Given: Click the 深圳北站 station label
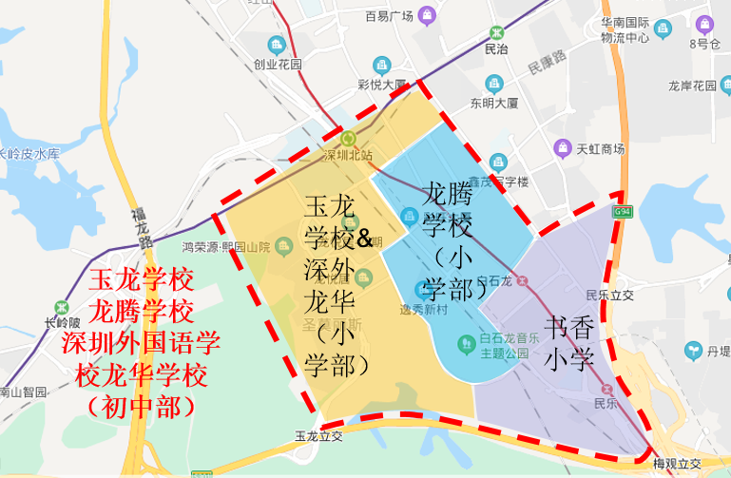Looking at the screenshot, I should click(347, 156).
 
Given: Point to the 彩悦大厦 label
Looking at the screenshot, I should click(382, 84).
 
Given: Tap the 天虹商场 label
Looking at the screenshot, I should click(600, 148).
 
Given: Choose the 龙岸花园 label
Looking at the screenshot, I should click(692, 86).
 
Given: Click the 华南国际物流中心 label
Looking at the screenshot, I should click(625, 30).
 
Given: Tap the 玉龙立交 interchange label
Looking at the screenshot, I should click(317, 437).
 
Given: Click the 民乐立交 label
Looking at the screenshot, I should click(609, 295).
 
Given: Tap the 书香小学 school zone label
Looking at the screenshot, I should click(569, 343).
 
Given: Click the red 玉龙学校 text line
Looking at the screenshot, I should click(141, 280).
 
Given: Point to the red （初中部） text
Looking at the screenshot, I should click(141, 406).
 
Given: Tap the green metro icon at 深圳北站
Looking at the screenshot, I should click(348, 139).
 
